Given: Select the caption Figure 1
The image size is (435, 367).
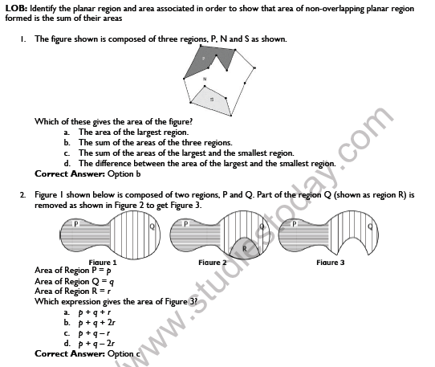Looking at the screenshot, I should click(x=103, y=262).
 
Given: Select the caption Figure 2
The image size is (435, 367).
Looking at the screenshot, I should click(x=213, y=262).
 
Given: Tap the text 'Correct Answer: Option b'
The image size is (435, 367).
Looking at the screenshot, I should click(x=87, y=173).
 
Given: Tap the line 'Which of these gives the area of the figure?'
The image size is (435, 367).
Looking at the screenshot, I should click(x=108, y=121).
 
